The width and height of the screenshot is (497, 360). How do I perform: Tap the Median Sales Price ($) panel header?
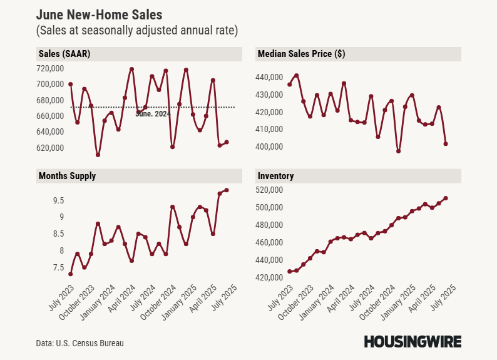click(x=301, y=54)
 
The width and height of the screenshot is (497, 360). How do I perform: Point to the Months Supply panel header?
click(x=68, y=176)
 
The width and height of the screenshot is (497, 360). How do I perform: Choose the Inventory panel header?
click(x=276, y=176)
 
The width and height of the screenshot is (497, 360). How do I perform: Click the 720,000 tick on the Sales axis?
click(x=51, y=68)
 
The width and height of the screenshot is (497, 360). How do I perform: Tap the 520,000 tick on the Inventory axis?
click(x=270, y=190)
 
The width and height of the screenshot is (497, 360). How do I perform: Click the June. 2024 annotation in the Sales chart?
click(x=153, y=114)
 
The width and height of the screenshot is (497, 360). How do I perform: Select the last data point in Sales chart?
click(x=227, y=142)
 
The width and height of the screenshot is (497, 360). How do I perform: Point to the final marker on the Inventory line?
click(x=445, y=198)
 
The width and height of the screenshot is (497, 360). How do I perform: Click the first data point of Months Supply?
click(x=71, y=274)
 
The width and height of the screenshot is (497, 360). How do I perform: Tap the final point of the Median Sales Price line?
click(x=446, y=143)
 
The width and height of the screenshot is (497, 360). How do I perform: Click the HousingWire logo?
click(x=412, y=341)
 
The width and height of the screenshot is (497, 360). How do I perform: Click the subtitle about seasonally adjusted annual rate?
click(x=137, y=30)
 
